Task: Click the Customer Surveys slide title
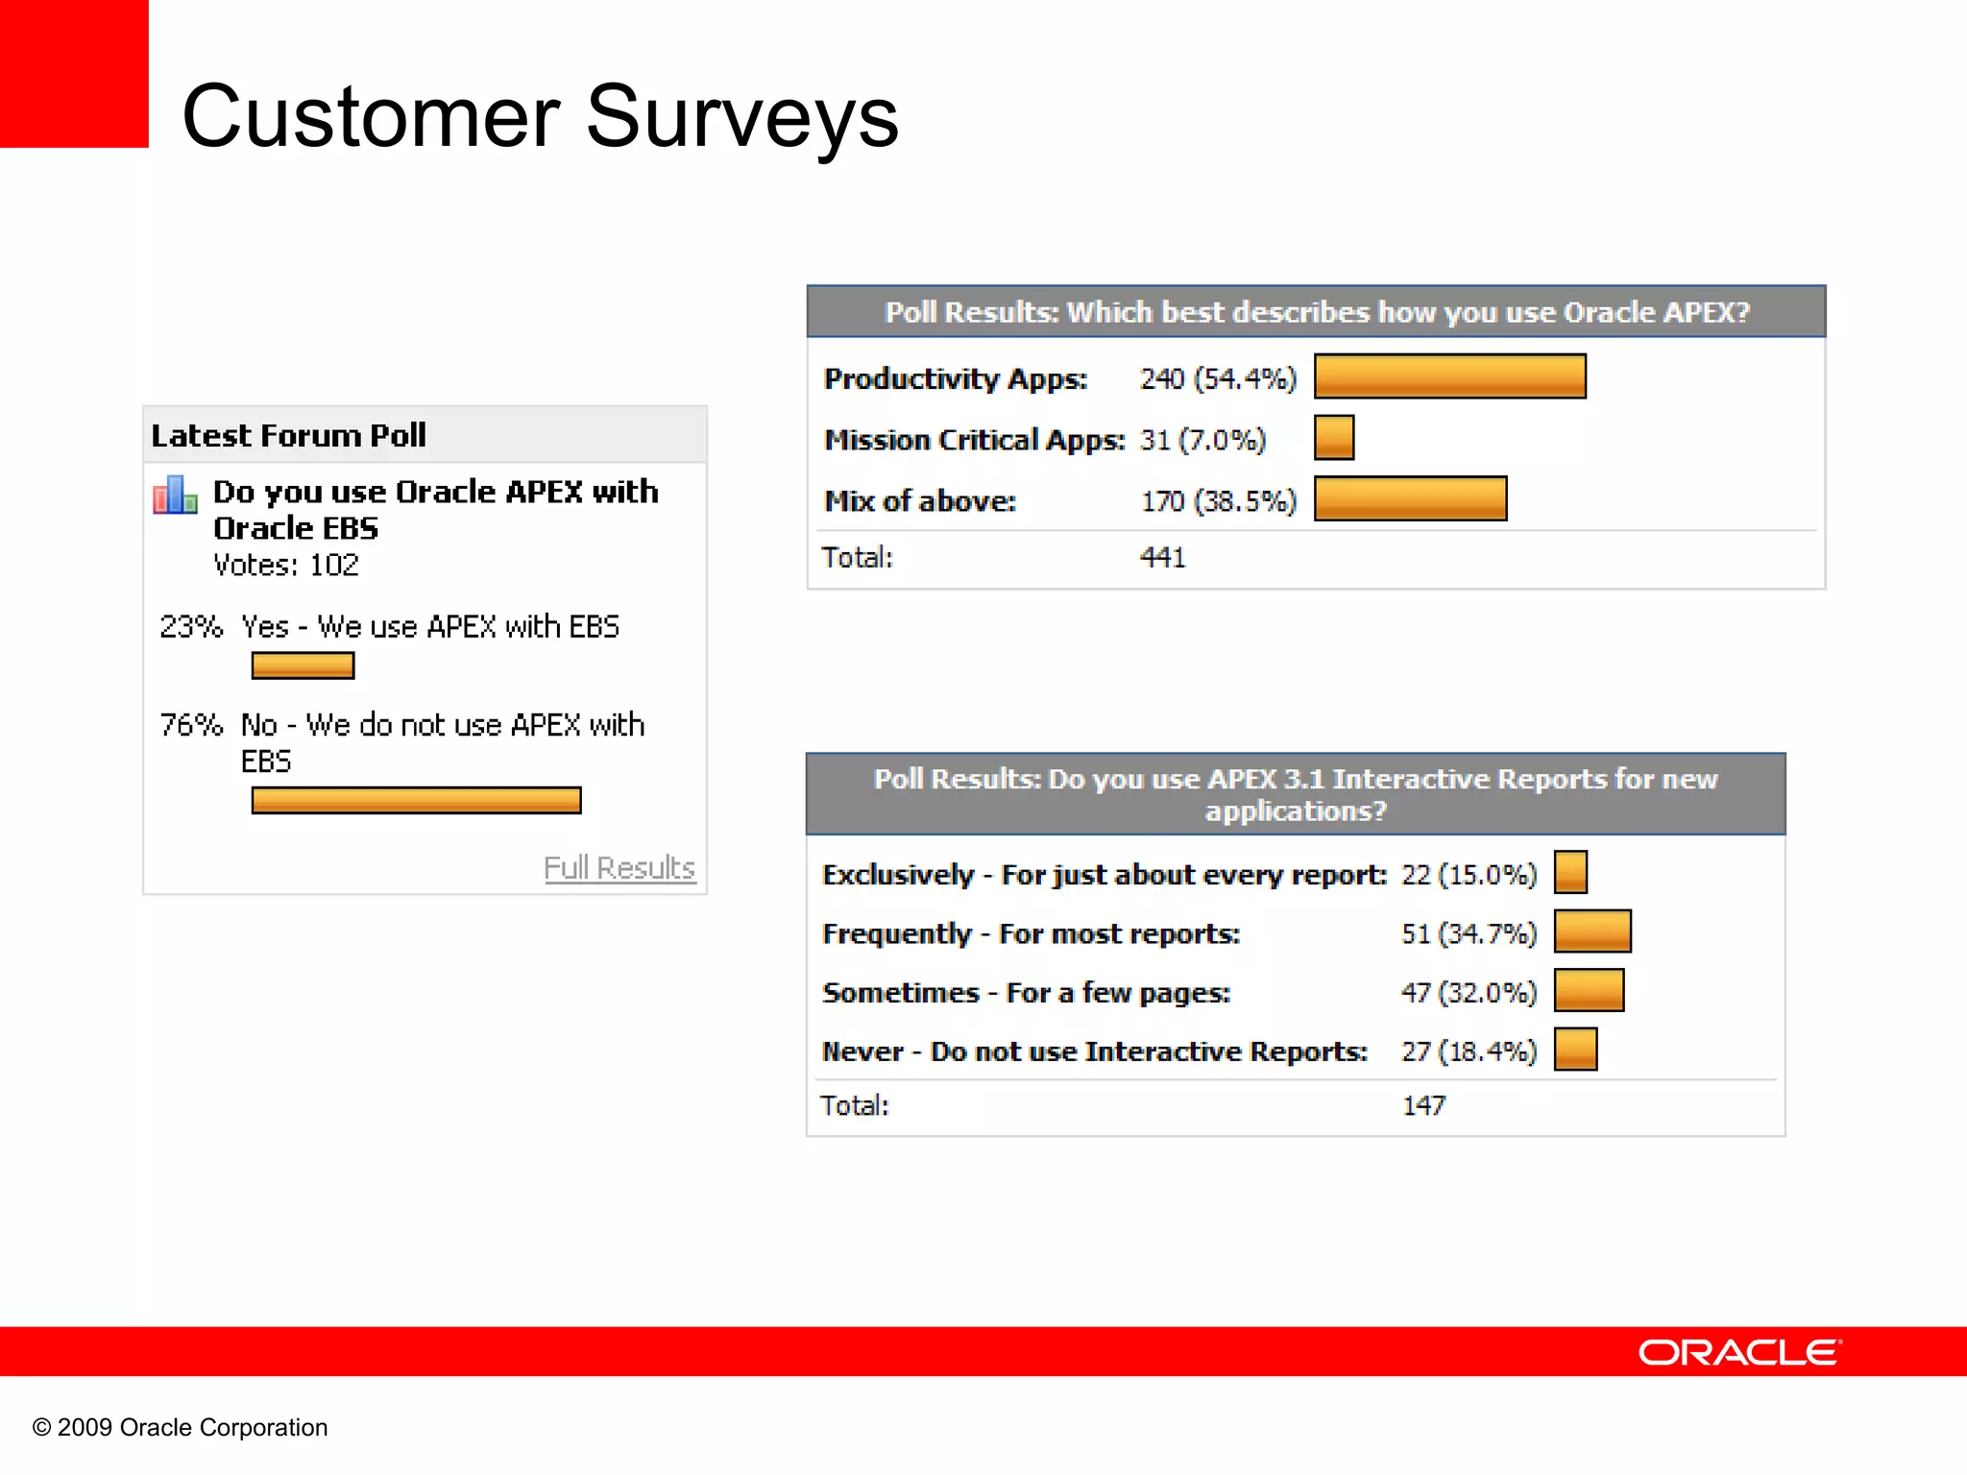[540, 117]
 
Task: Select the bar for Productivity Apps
[1449, 376]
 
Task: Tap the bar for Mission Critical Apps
[1333, 438]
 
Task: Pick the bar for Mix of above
[1410, 499]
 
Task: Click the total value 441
[1162, 558]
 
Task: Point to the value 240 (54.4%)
[1217, 379]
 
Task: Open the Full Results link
[619, 868]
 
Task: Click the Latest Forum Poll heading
[288, 436]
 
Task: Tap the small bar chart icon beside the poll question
[175, 496]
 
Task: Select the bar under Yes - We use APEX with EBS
[303, 665]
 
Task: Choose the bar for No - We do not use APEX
[416, 800]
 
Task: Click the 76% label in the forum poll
[190, 725]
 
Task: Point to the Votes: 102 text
[285, 566]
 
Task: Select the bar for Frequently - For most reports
[1591, 931]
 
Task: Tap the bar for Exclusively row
[1570, 873]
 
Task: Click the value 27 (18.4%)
[1468, 1052]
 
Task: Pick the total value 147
[1422, 1106]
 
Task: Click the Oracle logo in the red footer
[1739, 1352]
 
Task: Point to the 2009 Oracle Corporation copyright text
[181, 1428]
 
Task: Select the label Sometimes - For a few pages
[1026, 993]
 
